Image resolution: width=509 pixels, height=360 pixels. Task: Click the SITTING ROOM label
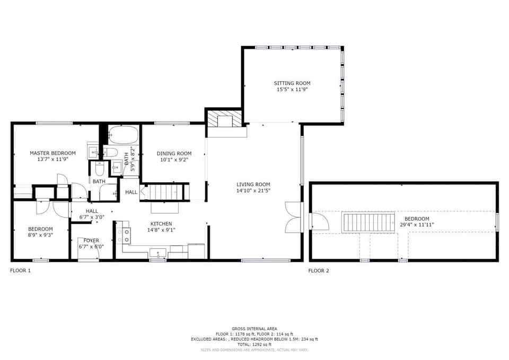tap(292, 83)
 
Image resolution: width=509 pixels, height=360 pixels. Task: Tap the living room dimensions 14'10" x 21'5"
tap(253, 190)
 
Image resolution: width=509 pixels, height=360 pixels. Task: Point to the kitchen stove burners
tap(127, 235)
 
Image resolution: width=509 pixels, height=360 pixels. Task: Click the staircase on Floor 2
tap(368, 222)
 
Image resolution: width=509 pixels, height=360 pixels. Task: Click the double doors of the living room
tap(293, 217)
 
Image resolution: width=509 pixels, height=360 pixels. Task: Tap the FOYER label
tap(91, 240)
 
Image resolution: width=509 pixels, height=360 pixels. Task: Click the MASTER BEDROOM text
tap(52, 153)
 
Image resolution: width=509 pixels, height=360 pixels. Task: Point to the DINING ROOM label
tap(174, 153)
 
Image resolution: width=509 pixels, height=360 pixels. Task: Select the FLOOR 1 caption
tap(21, 270)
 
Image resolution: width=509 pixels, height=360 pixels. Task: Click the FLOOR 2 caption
tap(319, 270)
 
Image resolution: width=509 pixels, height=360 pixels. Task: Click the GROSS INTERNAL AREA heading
tap(254, 329)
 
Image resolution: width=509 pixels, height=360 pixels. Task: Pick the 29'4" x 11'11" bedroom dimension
tap(417, 225)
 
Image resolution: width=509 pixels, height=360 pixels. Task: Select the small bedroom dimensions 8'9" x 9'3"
tap(40, 235)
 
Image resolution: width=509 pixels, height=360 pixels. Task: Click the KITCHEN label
tap(161, 223)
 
